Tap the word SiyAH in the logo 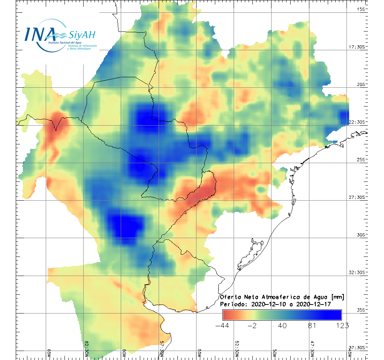[82, 35]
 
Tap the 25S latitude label [361, 159]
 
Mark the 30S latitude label [361, 235]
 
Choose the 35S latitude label [361, 310]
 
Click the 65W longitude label [49, 353]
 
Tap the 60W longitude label [124, 353]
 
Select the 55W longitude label [199, 353]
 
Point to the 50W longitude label [274, 353]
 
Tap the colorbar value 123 [342, 325]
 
